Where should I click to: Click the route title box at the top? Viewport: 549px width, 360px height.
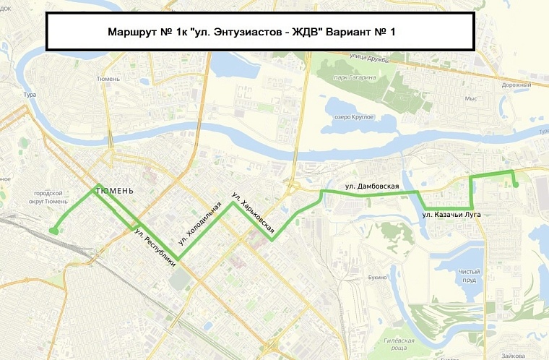tap(259, 33)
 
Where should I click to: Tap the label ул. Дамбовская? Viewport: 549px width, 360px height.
tap(372, 187)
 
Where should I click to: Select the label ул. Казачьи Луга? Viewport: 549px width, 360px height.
tap(451, 215)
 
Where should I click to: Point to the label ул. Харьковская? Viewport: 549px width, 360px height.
tap(252, 215)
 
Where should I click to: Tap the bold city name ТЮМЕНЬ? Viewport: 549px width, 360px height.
tap(113, 190)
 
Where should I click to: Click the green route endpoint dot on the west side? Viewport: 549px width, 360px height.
tap(53, 231)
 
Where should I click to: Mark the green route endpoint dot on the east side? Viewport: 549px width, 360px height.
tap(516, 185)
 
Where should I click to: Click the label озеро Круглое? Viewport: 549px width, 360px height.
tap(353, 116)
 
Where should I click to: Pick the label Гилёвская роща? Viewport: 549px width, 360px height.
tap(398, 343)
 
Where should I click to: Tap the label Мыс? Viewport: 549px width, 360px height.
tap(472, 98)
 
